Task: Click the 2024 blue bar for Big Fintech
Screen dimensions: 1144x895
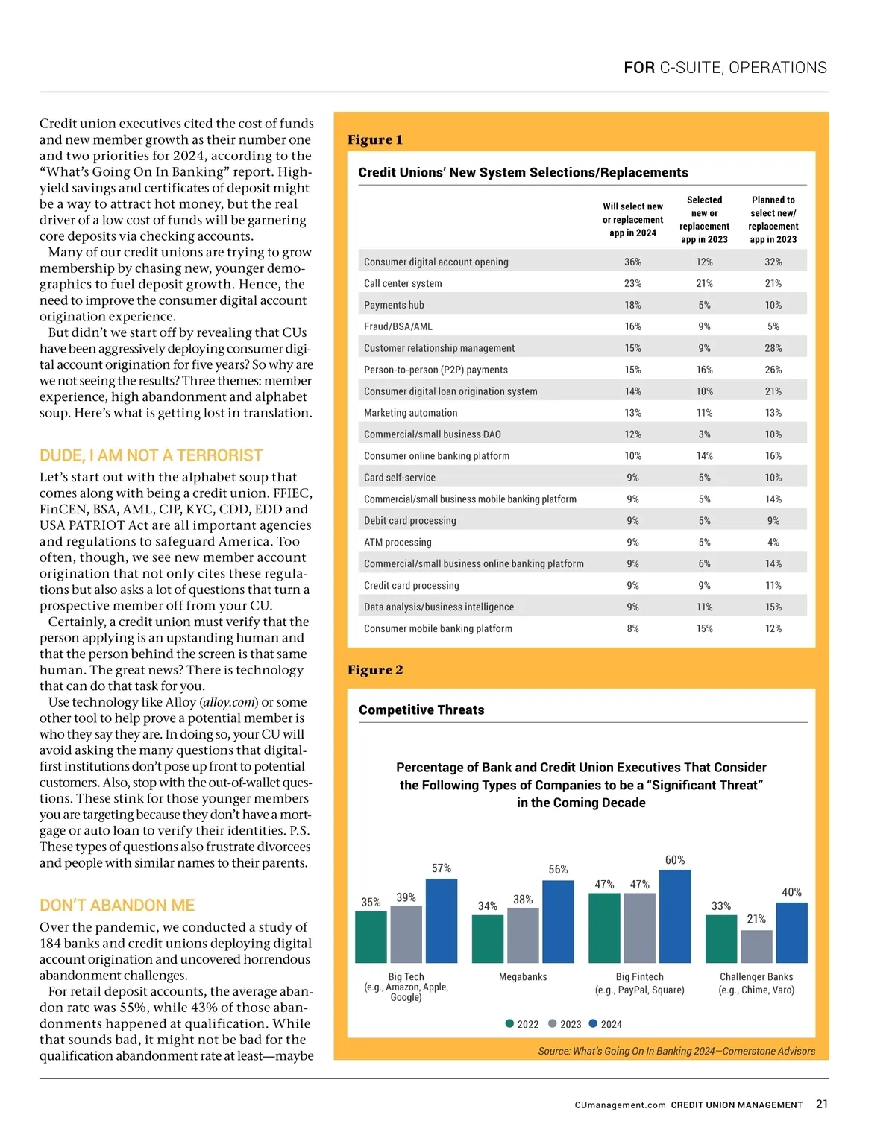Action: [674, 916]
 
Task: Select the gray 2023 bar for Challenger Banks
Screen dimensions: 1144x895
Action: [756, 947]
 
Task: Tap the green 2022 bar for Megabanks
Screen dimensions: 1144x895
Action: [488, 938]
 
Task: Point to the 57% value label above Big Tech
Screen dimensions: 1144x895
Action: [442, 868]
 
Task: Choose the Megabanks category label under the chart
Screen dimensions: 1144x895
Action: [523, 976]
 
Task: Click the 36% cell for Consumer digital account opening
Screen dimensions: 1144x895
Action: [632, 262]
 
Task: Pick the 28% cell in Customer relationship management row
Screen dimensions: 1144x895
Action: [773, 348]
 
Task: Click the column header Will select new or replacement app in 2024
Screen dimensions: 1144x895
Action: [632, 220]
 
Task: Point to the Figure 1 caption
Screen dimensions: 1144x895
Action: [375, 139]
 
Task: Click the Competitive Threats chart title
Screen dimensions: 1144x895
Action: [421, 710]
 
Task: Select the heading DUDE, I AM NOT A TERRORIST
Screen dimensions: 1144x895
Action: [151, 455]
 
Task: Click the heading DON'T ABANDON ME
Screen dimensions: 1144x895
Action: [117, 906]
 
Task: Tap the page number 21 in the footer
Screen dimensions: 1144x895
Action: [822, 1104]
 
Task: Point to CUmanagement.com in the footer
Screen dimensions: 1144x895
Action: [620, 1105]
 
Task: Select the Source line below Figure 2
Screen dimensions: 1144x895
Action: [676, 1051]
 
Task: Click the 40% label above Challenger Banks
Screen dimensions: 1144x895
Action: [791, 892]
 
